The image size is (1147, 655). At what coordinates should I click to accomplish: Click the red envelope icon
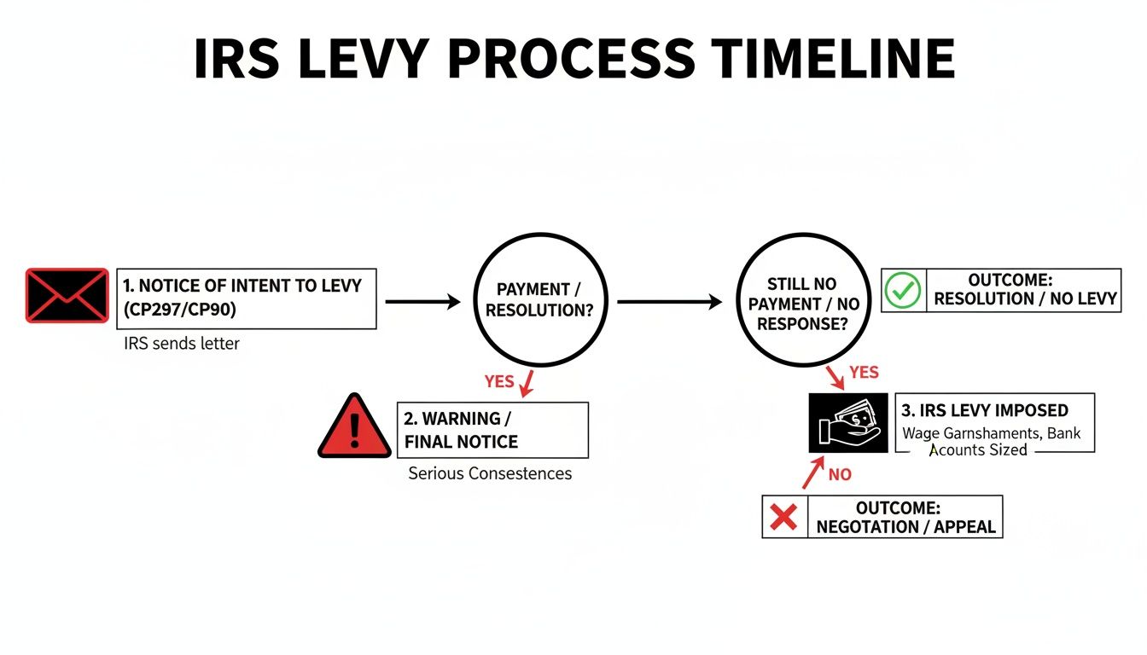(67, 295)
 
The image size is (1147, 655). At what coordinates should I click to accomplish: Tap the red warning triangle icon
(354, 426)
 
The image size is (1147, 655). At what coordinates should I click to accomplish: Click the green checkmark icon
(902, 290)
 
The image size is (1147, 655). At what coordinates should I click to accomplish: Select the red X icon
(783, 517)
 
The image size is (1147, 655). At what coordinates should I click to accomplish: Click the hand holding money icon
(848, 423)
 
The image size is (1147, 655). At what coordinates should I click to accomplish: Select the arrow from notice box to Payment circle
(423, 302)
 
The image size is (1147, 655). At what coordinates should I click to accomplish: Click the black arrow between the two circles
(670, 302)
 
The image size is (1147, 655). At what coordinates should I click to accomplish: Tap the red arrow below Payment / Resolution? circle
(527, 384)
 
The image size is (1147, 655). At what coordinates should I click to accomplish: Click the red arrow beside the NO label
(813, 472)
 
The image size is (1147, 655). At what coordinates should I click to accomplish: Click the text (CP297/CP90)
(180, 309)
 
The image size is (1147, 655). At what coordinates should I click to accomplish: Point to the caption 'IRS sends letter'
(181, 344)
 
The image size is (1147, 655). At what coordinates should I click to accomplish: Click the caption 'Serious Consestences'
(490, 473)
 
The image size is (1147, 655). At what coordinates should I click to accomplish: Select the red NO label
(840, 474)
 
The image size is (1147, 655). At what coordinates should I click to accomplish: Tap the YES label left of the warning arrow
(499, 381)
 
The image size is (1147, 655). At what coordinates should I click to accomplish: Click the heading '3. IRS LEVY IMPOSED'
(985, 410)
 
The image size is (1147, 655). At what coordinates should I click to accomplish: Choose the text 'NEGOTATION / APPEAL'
(905, 526)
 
